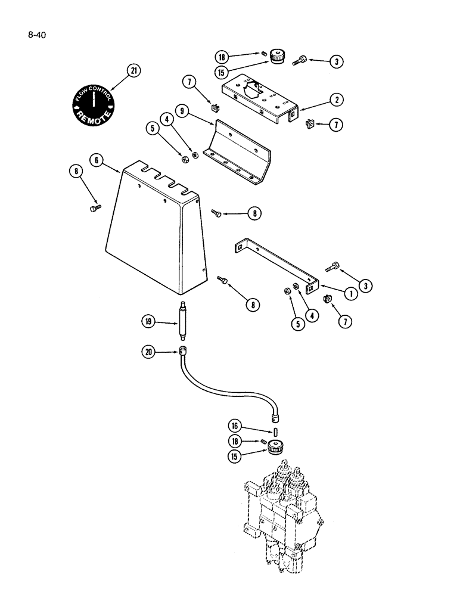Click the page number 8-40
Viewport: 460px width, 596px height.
click(36, 35)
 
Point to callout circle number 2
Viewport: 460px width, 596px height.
click(337, 101)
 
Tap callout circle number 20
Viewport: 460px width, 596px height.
click(149, 352)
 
